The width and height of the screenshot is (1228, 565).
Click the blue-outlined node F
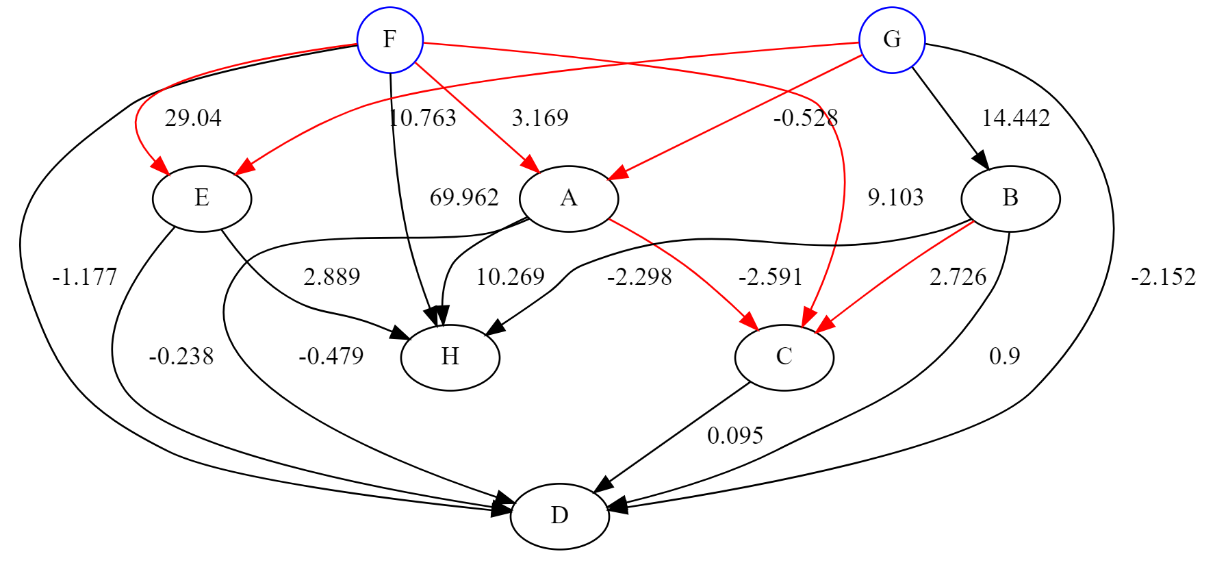point(389,40)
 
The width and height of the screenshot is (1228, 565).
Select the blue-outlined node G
point(891,40)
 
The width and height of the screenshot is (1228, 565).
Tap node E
point(202,199)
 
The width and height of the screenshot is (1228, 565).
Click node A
point(569,199)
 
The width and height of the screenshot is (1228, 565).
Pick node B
point(1010,199)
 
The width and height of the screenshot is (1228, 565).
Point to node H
point(450,357)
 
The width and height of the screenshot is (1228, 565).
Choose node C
point(784,357)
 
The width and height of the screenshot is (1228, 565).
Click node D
point(559,516)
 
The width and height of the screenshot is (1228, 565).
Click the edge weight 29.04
point(193,118)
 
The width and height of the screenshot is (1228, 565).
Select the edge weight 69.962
point(464,198)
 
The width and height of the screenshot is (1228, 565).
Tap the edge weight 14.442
point(1016,118)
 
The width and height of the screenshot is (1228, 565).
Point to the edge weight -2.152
point(1163,277)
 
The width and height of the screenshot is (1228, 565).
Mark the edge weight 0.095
point(735,436)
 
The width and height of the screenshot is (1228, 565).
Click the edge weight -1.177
point(84,277)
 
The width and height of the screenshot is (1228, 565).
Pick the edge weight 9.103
point(895,198)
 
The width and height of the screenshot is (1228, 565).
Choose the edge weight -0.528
point(806,118)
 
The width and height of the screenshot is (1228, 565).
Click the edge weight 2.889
point(332,277)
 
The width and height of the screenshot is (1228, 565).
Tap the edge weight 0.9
point(1004,356)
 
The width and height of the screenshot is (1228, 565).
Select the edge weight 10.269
point(510,277)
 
